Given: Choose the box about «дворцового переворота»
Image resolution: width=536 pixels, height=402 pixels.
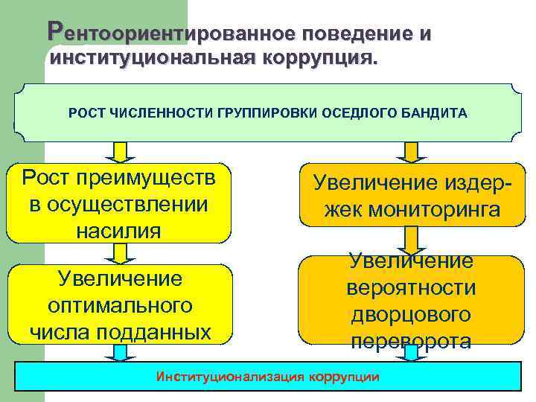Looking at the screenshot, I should coord(410,301).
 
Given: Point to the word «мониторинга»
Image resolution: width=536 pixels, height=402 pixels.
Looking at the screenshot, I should coord(411,211).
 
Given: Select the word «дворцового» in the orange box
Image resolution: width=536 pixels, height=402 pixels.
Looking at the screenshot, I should coord(410,314).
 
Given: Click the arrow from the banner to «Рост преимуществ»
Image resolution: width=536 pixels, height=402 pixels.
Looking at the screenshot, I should coord(118,152).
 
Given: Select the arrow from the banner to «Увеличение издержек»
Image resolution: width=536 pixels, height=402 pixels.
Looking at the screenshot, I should coord(406,152).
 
